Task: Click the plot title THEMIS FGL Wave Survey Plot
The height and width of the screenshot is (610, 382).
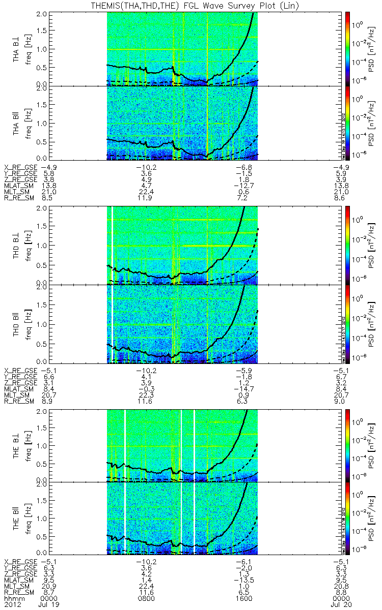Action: point(190,5)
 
